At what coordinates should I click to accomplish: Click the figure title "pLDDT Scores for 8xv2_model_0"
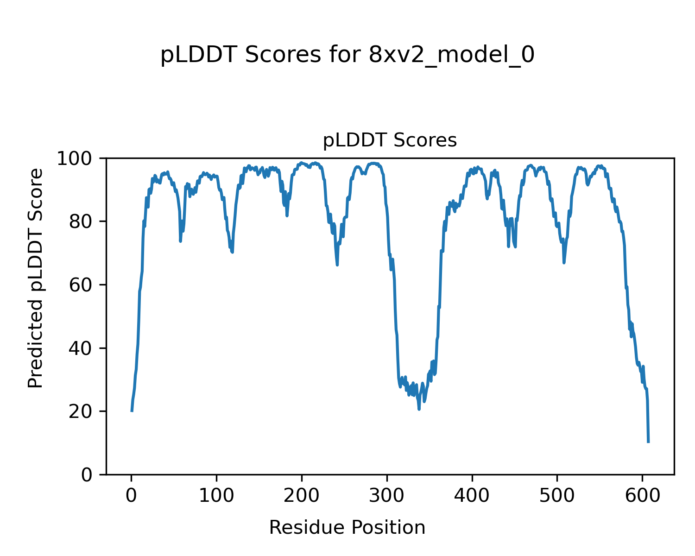click(x=347, y=56)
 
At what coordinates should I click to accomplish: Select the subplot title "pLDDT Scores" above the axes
click(x=390, y=140)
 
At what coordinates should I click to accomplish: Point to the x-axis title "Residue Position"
click(x=347, y=527)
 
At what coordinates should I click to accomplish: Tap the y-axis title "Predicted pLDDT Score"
click(x=36, y=278)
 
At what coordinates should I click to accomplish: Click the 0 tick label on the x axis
click(x=132, y=495)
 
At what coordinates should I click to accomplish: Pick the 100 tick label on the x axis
click(x=216, y=495)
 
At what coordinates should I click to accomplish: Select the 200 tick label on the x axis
click(x=302, y=495)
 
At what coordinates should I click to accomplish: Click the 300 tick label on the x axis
click(x=387, y=495)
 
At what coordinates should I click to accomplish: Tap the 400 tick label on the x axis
click(x=472, y=495)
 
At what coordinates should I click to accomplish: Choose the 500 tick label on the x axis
click(x=557, y=495)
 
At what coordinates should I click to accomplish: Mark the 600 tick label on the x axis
click(x=642, y=495)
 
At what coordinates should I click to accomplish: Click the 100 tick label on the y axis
click(x=76, y=158)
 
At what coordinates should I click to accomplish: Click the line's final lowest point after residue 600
click(x=648, y=442)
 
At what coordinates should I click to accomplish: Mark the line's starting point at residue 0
click(x=132, y=411)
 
